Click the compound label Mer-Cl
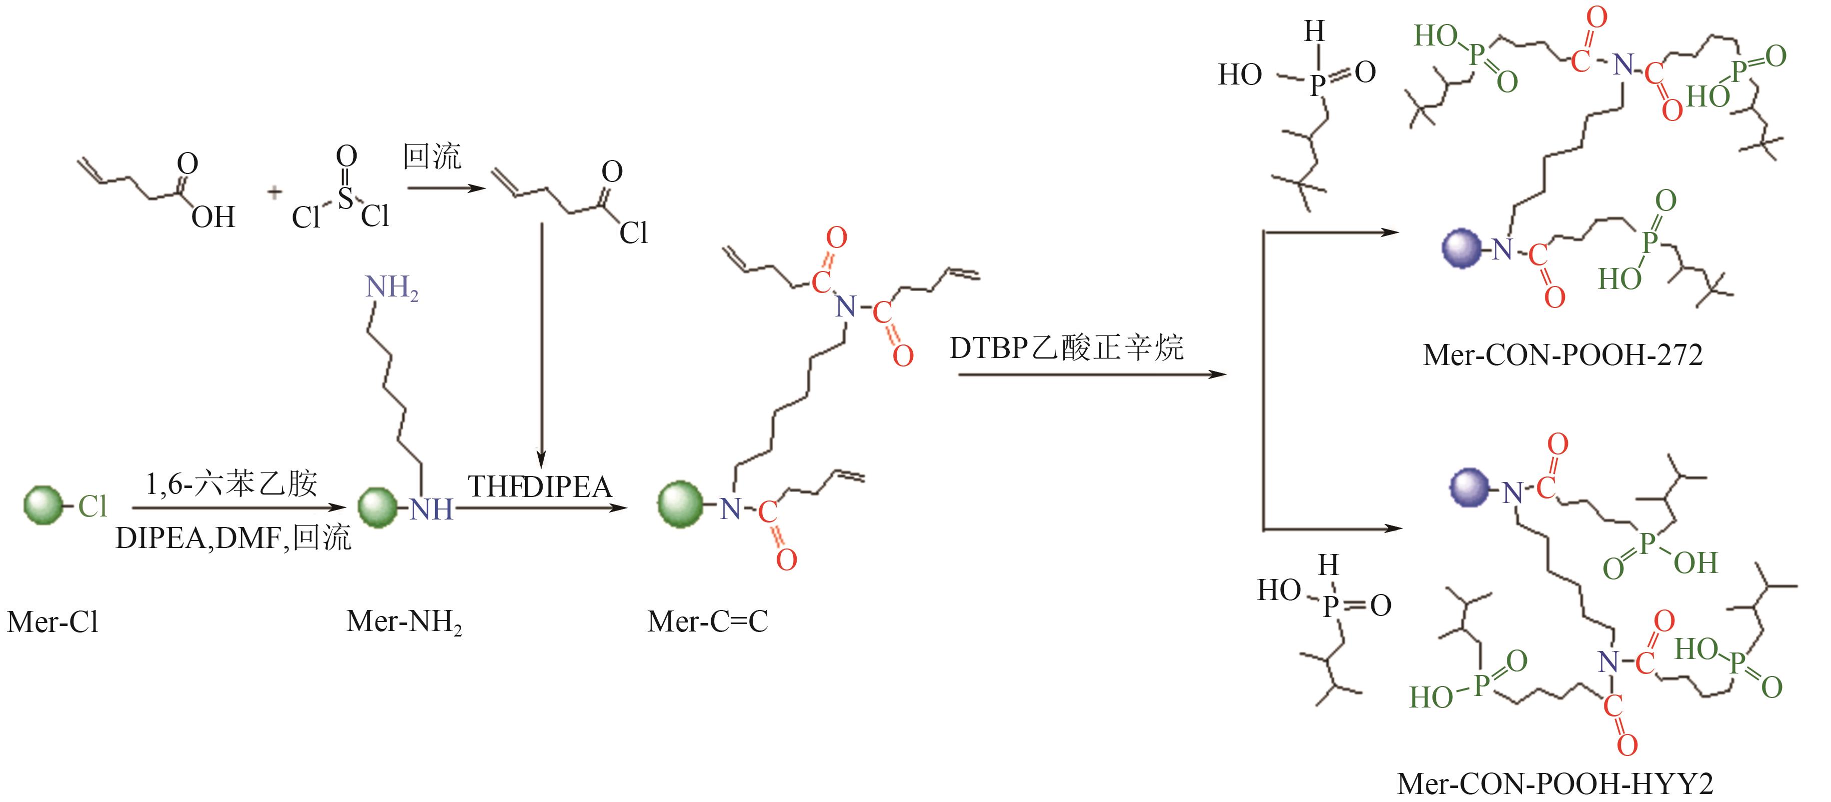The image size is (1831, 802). tap(53, 622)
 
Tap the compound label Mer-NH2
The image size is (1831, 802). tap(404, 622)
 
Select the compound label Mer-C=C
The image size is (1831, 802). tap(707, 622)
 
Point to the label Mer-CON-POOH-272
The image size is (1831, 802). tap(1562, 354)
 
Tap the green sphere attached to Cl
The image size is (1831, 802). tap(44, 506)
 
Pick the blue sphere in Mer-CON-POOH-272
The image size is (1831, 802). tap(1462, 248)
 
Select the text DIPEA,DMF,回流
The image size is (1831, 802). tap(233, 538)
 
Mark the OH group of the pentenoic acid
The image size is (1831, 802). tap(213, 216)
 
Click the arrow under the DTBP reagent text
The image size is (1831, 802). tap(1092, 373)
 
